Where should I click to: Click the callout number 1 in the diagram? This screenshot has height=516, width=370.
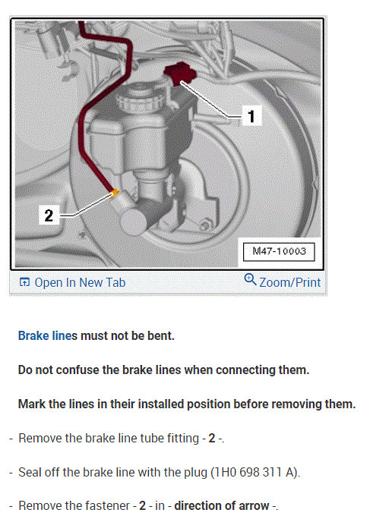[251, 116]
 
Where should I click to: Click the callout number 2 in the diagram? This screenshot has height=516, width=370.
[49, 216]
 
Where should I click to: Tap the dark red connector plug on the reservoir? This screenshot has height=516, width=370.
[180, 74]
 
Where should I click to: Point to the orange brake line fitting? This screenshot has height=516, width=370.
[115, 193]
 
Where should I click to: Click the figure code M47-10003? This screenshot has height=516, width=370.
[279, 252]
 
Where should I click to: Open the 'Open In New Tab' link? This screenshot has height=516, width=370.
[80, 283]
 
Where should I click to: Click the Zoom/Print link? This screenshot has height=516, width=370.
[289, 283]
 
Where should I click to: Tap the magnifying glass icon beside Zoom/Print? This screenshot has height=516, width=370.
[251, 280]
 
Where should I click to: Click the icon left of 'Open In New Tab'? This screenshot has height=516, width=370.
[24, 282]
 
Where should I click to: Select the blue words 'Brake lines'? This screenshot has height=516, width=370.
[47, 335]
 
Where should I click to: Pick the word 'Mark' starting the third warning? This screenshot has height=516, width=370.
[32, 404]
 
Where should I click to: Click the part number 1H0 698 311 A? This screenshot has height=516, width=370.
[254, 472]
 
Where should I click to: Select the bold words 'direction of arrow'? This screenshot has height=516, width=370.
[221, 505]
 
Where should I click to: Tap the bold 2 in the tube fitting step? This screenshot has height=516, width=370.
[212, 438]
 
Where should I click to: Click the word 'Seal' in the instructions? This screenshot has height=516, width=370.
[29, 472]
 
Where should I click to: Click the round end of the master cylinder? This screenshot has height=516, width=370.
[134, 222]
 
